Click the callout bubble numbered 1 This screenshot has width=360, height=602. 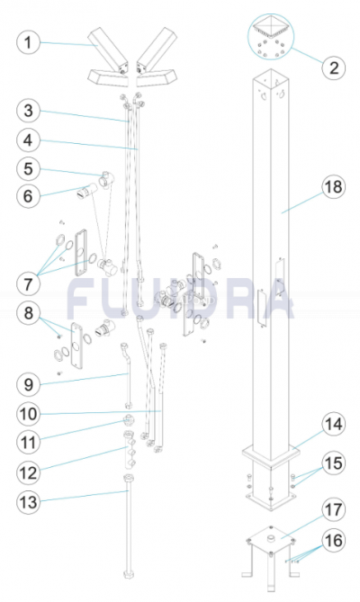pyautogui.click(x=29, y=42)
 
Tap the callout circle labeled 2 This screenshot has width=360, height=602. pyautogui.click(x=334, y=68)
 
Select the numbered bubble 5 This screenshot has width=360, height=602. pyautogui.click(x=29, y=168)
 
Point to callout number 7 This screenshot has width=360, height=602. pyautogui.click(x=29, y=284)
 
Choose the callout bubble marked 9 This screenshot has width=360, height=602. pyautogui.click(x=29, y=384)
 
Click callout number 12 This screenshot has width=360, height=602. pyautogui.click(x=29, y=472)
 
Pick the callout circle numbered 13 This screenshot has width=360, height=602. pyautogui.click(x=29, y=502)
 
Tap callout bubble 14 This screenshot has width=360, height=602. pyautogui.click(x=333, y=424)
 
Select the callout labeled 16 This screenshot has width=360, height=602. pyautogui.click(x=333, y=540)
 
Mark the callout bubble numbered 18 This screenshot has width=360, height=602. pyautogui.click(x=333, y=187)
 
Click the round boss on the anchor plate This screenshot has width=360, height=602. pyautogui.click(x=271, y=539)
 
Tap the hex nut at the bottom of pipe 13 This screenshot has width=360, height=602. pyautogui.click(x=128, y=575)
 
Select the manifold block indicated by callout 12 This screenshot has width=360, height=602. pyautogui.click(x=129, y=450)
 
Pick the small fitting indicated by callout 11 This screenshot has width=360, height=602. pyautogui.click(x=128, y=421)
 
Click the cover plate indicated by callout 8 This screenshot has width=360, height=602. pyautogui.click(x=76, y=346)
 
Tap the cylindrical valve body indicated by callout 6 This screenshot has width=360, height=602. pyautogui.click(x=85, y=191)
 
